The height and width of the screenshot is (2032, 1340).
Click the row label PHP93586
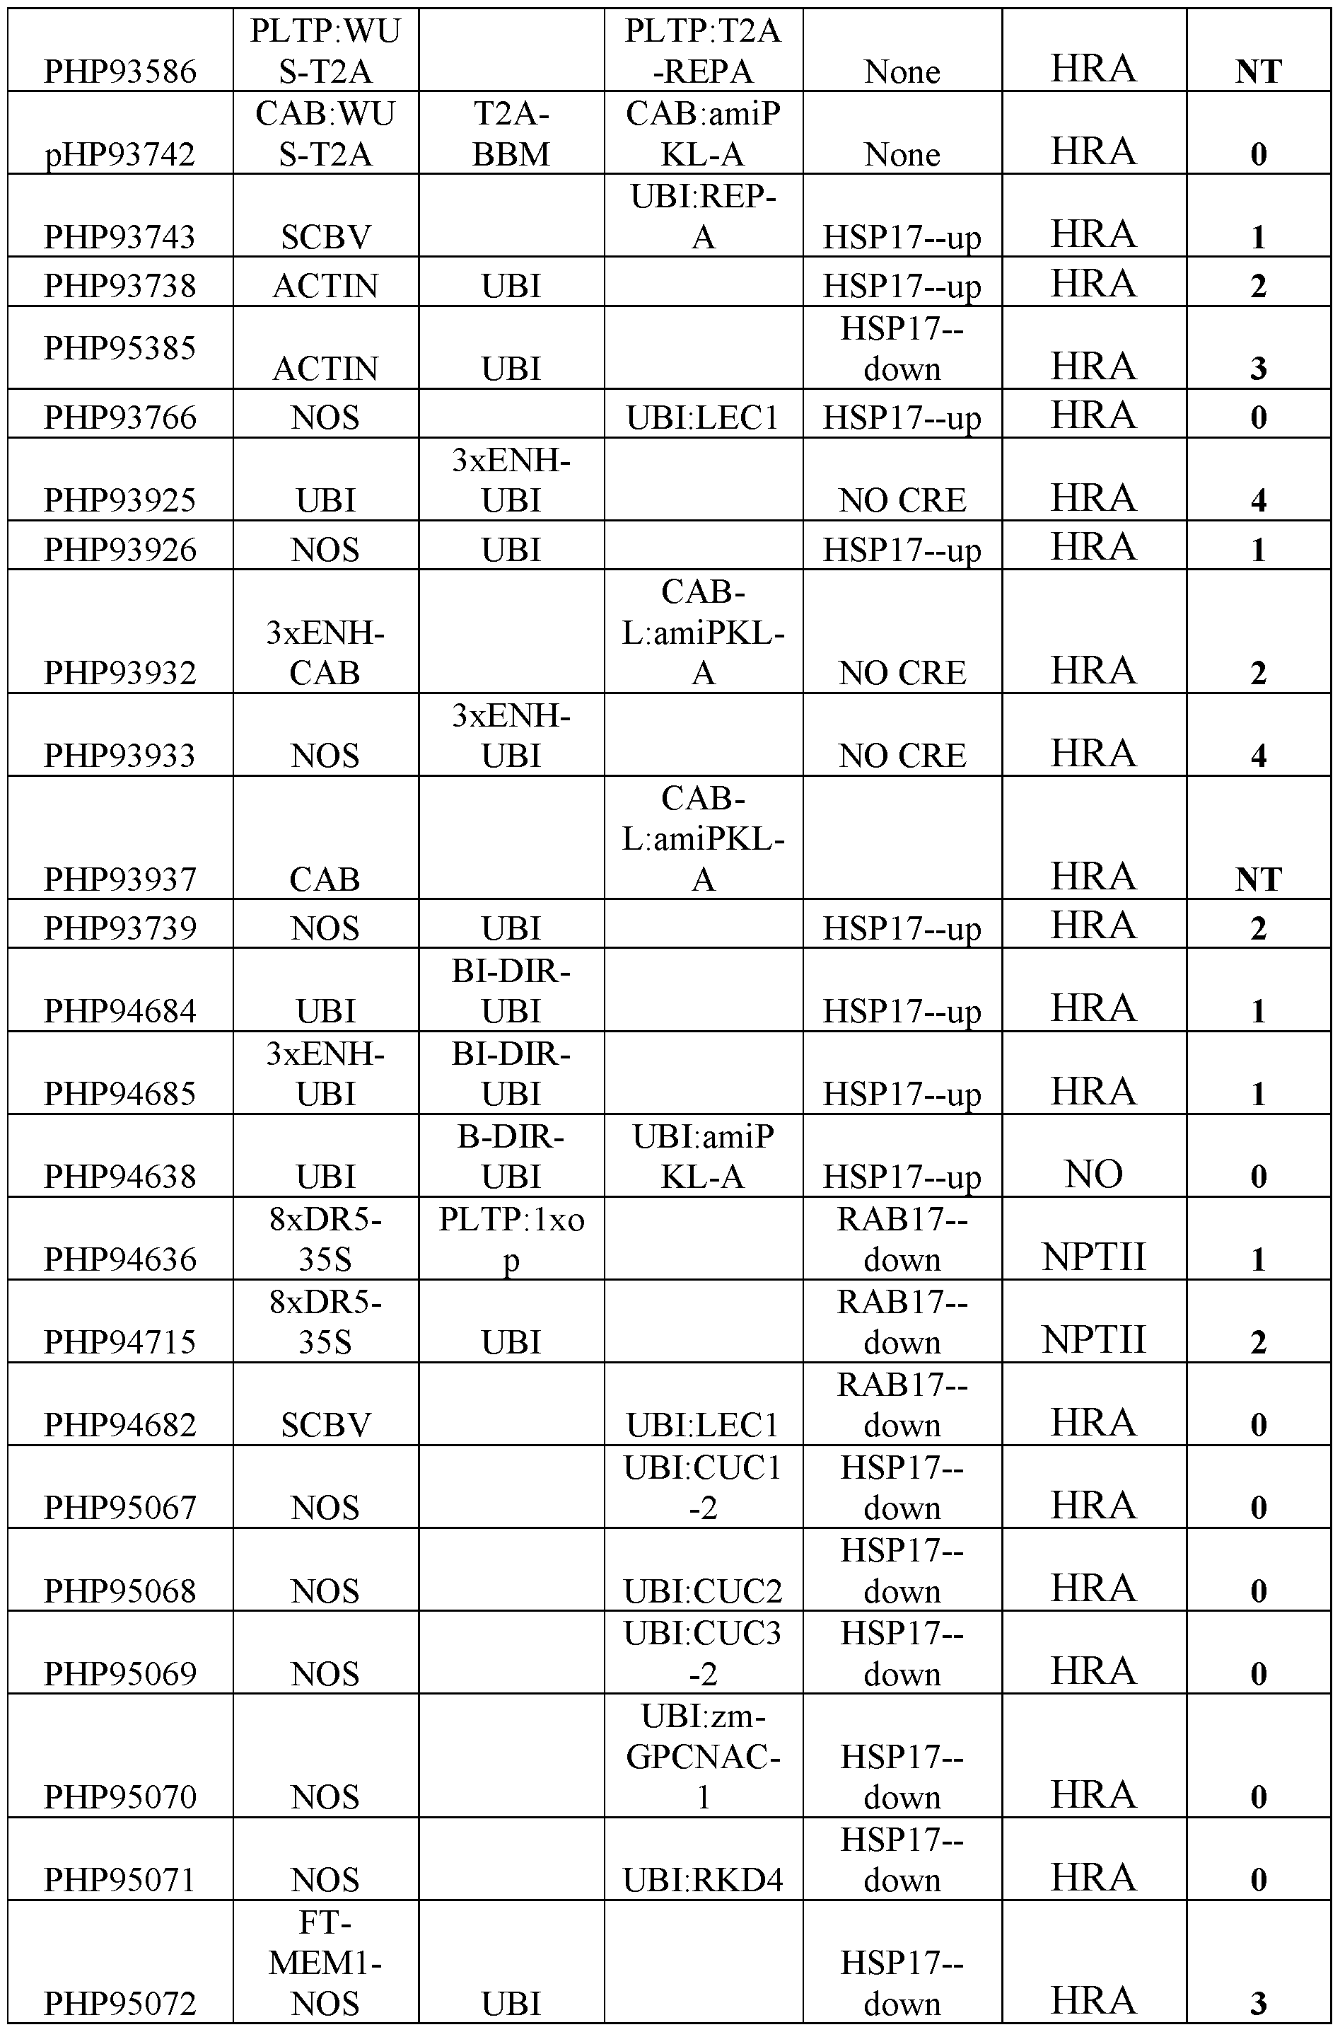click(120, 71)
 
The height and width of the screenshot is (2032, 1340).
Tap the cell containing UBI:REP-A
click(704, 217)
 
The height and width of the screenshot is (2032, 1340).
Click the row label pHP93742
click(120, 154)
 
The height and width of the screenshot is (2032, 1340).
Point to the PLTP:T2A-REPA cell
click(704, 50)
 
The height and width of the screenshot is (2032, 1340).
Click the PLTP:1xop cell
click(511, 1239)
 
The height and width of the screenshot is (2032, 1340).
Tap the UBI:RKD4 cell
click(704, 1879)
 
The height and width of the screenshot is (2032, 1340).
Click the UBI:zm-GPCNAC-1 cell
click(704, 1756)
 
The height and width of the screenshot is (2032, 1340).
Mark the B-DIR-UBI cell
click(511, 1156)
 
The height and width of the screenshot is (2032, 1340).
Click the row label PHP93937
click(120, 878)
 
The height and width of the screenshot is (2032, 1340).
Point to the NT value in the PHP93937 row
click(1258, 879)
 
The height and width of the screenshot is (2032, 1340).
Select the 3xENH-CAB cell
click(325, 652)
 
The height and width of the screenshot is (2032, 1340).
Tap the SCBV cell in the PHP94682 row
click(325, 1424)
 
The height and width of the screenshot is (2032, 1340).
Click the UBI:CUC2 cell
click(704, 1590)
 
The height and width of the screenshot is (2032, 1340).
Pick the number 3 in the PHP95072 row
click(1258, 2002)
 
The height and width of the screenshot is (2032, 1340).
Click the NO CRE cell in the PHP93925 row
click(902, 500)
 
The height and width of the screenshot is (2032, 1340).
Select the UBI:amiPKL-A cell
click(704, 1156)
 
